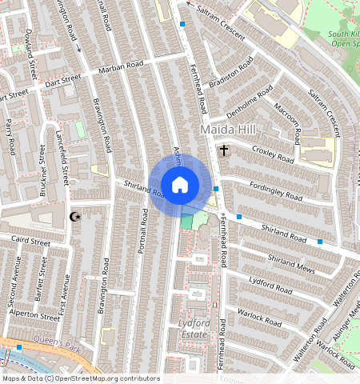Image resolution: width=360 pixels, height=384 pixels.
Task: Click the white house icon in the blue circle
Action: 180,185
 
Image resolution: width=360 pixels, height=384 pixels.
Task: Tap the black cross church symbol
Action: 224,150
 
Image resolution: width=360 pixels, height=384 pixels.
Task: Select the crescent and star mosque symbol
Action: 76,216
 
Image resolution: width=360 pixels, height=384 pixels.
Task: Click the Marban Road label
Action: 121,66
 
